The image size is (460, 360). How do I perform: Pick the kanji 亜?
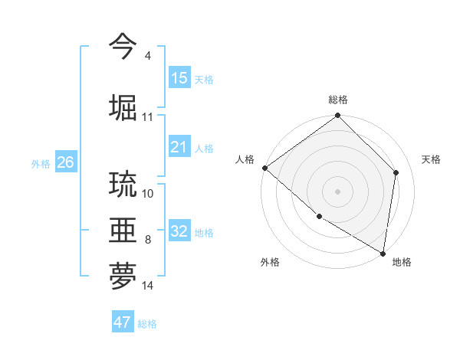(x=123, y=230)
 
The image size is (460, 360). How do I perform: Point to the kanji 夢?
(x=123, y=277)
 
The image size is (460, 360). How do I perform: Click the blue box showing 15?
(x=179, y=78)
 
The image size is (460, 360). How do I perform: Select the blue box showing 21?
(x=179, y=147)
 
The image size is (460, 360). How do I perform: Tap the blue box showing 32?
(x=179, y=231)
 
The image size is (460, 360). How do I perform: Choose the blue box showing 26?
(x=65, y=162)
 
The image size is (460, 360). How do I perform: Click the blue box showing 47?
(x=123, y=322)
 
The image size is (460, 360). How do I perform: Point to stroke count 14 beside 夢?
(x=148, y=286)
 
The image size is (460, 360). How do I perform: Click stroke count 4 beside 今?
(x=147, y=56)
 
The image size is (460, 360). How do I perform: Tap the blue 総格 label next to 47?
(x=147, y=324)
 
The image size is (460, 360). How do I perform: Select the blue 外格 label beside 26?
(x=41, y=163)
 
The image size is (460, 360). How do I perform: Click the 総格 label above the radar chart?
(x=338, y=100)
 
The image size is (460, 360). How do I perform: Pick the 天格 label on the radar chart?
(x=431, y=159)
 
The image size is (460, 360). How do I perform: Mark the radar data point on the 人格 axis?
(x=264, y=168)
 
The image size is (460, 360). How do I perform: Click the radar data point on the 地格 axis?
(x=383, y=253)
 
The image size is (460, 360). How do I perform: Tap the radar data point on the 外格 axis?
(x=319, y=217)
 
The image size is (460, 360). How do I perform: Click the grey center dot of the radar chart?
(x=337, y=191)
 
